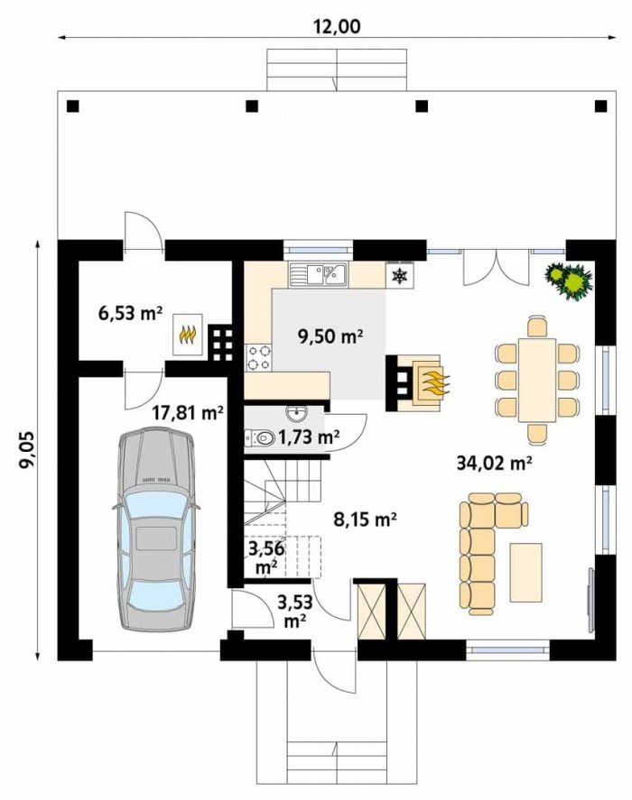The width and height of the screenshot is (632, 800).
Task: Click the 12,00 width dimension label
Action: tap(336, 25)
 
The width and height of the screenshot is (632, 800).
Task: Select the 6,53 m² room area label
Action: tap(130, 312)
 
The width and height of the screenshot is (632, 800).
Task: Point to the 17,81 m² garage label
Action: tap(189, 412)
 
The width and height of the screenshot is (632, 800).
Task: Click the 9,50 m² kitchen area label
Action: tap(330, 336)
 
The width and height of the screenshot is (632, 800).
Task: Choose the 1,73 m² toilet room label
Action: tap(309, 437)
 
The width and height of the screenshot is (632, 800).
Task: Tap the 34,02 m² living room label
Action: tap(494, 463)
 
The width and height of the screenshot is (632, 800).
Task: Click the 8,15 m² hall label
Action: tap(365, 520)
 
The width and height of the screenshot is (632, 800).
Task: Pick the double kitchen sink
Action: tap(319, 274)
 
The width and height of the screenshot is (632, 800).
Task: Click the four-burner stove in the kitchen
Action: tap(258, 357)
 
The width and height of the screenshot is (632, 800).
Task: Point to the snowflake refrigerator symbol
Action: tap(399, 276)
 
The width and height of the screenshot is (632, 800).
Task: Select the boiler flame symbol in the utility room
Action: tap(188, 335)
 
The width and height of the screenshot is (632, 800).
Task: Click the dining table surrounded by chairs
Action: tap(537, 379)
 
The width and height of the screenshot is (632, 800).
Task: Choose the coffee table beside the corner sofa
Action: tap(525, 572)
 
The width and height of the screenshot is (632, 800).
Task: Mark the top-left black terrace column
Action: tap(73, 106)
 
